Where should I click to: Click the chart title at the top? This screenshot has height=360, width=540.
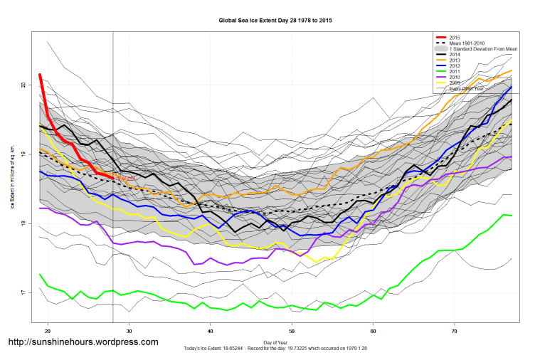click(x=275, y=21)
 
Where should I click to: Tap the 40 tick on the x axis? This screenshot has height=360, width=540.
click(x=211, y=332)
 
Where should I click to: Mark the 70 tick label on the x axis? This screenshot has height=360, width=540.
click(x=455, y=332)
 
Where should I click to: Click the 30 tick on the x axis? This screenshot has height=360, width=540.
click(x=129, y=332)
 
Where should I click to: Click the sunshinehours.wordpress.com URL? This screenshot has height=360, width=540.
click(x=83, y=342)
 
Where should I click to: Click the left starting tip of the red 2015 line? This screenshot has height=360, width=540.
click(x=40, y=75)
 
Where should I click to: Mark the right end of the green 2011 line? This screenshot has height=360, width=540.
click(x=512, y=216)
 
